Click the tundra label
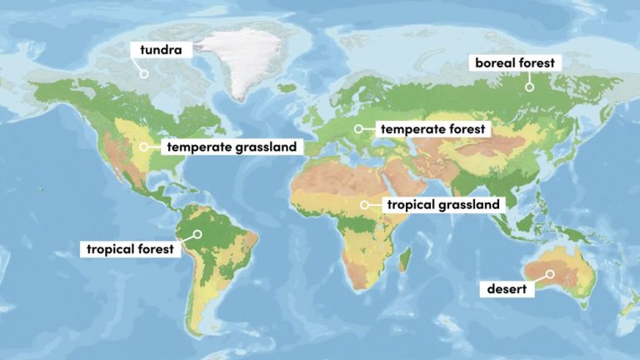[161, 49]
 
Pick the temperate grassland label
[231, 147]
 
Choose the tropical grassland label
[442, 204]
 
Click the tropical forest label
[131, 248]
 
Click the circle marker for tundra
[143, 73]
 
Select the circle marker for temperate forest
[358, 128]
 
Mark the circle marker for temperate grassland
[144, 147]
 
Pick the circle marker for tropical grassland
[364, 203]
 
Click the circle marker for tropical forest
[197, 234]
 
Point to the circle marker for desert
[550, 273]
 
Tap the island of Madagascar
[406, 260]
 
